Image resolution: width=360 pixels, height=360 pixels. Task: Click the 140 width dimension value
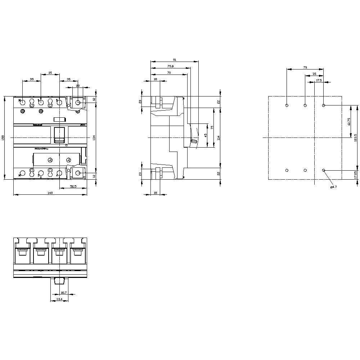point(50,193)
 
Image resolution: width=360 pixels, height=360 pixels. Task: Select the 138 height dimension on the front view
point(3,138)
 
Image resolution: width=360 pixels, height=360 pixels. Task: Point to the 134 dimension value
point(94,138)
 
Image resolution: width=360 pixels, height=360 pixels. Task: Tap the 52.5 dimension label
point(73,186)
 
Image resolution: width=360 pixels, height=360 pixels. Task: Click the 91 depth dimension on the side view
point(175,59)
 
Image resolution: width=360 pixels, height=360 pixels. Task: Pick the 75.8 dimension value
point(171,66)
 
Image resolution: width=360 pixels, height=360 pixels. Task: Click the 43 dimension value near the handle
point(206,135)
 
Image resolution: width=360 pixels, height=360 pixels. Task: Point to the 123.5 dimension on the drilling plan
point(356,138)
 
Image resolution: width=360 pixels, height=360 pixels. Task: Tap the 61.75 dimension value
point(349,121)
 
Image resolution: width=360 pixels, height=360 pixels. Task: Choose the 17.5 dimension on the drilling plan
point(319,81)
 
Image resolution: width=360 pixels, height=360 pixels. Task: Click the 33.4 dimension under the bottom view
point(59,299)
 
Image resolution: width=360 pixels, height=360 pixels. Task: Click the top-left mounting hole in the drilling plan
point(287,105)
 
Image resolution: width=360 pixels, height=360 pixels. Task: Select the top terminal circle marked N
point(22,103)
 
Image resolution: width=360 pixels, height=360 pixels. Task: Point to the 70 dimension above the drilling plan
point(305,67)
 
